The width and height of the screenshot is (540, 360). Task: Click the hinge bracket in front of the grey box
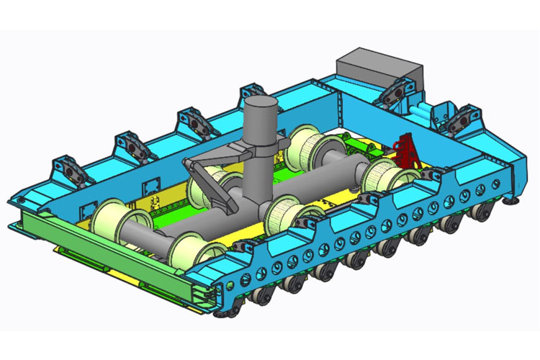coord(393,94)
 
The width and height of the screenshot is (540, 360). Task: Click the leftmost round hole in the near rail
coord(245,278)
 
